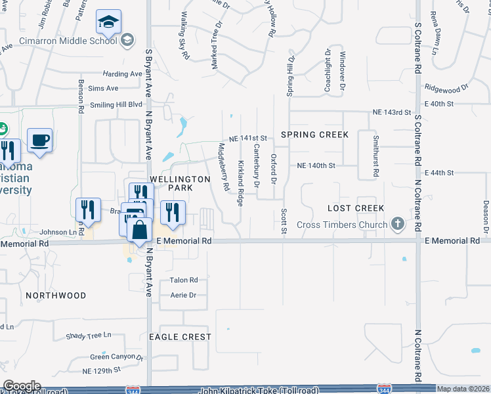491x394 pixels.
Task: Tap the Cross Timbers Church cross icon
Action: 397,225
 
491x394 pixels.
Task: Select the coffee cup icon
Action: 40,141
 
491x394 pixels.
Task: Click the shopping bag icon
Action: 139,231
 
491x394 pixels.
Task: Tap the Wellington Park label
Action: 171,183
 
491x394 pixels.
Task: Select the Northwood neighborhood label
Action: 56,295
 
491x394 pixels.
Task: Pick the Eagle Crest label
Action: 180,337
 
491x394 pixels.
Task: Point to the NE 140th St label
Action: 316,166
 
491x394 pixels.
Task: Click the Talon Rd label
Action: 184,280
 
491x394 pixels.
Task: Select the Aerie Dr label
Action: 184,295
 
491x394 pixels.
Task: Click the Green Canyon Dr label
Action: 117,357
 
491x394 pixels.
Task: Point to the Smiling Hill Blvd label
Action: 117,104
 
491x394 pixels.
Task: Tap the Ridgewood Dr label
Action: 446,87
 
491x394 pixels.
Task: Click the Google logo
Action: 22,386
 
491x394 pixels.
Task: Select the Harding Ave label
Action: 122,74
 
